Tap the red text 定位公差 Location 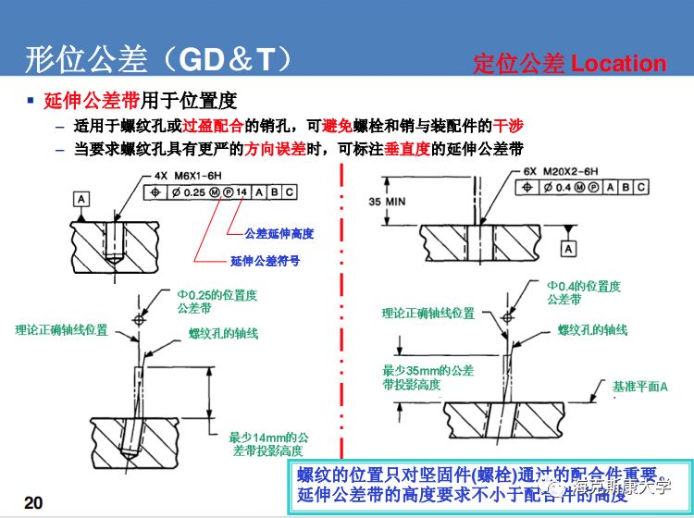click(569, 64)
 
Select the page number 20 click(32, 502)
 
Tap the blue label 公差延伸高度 click(279, 233)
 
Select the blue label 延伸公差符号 click(265, 261)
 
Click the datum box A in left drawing click(82, 199)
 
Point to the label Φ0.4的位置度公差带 click(582, 292)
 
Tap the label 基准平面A click(640, 386)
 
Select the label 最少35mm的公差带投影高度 click(428, 377)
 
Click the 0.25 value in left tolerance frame click(193, 192)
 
